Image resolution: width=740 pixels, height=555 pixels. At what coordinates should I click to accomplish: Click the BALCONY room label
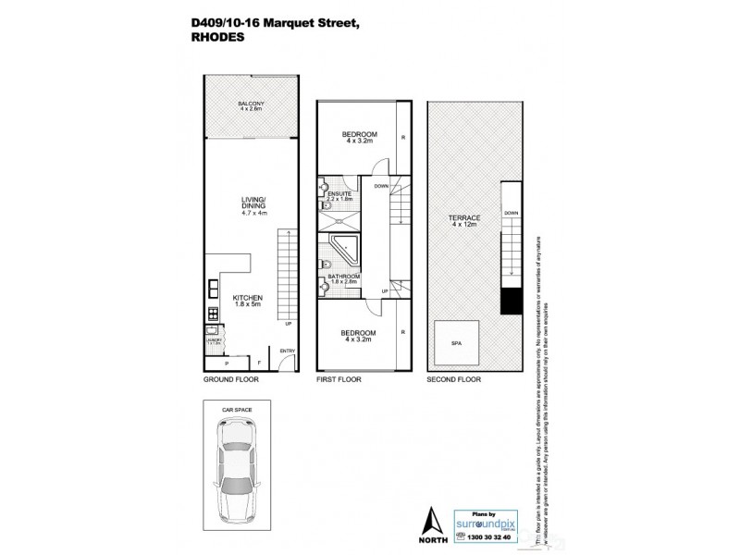[x=251, y=104]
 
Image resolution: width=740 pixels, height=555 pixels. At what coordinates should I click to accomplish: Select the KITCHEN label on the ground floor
[x=249, y=299]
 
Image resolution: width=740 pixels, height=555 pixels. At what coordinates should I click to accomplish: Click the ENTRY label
[x=288, y=351]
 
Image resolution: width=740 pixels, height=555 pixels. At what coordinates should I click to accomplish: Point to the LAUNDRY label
[x=214, y=339]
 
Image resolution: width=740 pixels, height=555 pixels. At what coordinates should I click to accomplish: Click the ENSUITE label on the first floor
[x=340, y=193]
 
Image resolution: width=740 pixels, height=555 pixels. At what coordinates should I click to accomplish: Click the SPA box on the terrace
[x=456, y=341]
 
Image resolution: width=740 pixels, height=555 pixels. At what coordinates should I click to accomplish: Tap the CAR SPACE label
[x=235, y=408]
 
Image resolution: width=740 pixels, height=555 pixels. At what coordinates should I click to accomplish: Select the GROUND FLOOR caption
[x=231, y=380]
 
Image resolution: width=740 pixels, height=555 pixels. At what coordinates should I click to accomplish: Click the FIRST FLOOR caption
[x=339, y=380]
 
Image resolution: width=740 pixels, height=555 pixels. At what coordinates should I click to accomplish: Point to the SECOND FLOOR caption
[x=452, y=380]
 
